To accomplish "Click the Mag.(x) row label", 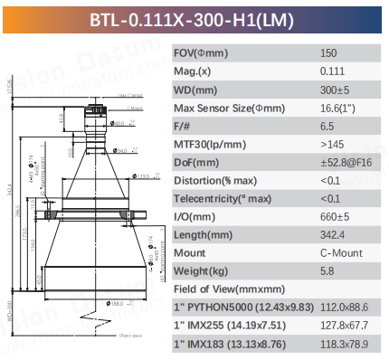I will click(194, 71).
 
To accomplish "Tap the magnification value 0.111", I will click(332, 71).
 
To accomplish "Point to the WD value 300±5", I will click(335, 90).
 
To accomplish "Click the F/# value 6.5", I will click(327, 128).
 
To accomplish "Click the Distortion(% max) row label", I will click(217, 180).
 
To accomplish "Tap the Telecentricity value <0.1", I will click(330, 198).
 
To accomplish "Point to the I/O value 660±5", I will click(335, 216).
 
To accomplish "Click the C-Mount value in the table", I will click(338, 252).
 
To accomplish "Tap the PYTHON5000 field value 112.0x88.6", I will click(345, 307).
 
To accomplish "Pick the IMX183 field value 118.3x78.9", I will click(345, 343).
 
